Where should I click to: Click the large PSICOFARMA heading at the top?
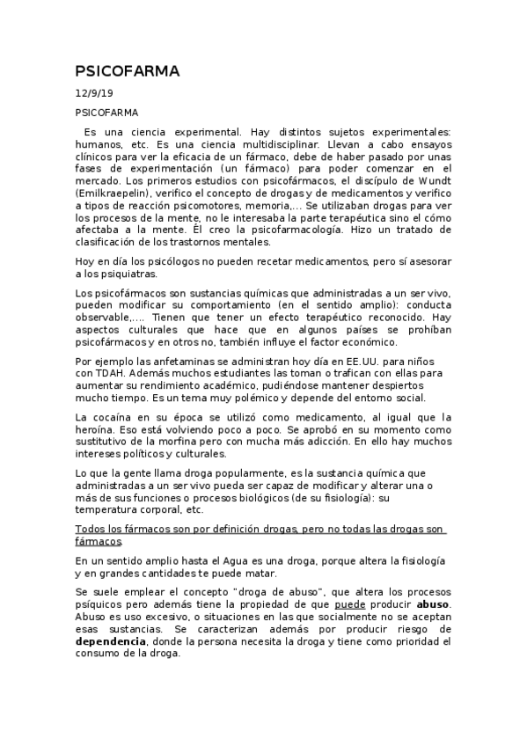[127, 71]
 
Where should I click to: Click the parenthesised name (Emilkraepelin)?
[115, 192]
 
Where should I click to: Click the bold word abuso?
[433, 605]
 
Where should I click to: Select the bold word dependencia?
[110, 642]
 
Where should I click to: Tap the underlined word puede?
[350, 605]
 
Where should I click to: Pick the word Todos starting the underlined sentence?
[91, 528]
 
